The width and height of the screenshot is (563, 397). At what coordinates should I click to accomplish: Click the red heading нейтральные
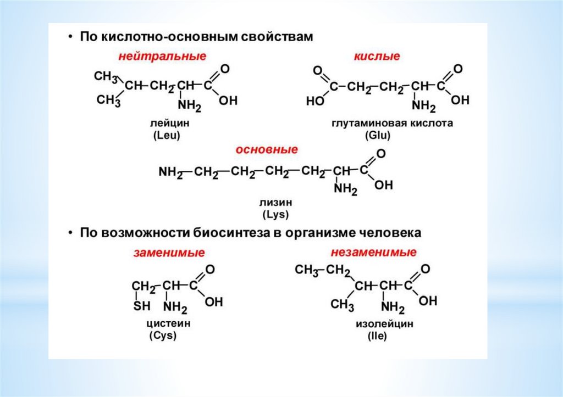[x=162, y=57]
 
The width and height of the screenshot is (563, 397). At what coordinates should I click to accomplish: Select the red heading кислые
[x=377, y=57]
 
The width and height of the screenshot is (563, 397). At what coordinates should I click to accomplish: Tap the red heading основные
[x=267, y=149]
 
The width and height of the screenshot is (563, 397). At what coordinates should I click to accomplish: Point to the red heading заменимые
[x=169, y=253]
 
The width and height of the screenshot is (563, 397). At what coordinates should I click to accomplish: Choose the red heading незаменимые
[x=373, y=252]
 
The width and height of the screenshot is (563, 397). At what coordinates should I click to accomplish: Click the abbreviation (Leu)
[x=166, y=136]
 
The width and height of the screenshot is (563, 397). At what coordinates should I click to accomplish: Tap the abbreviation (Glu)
[x=378, y=136]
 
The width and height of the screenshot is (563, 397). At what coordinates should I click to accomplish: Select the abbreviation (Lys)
[x=276, y=215]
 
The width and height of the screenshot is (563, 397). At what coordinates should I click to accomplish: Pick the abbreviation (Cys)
[x=163, y=336]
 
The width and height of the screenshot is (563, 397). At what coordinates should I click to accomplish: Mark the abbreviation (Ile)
[x=377, y=336]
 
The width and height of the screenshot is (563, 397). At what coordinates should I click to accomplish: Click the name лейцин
[x=169, y=124]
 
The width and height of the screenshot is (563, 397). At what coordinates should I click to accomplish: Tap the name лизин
[x=276, y=202]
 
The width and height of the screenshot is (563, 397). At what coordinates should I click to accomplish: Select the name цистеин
[x=168, y=323]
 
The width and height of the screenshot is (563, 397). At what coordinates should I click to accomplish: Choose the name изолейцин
[x=384, y=324]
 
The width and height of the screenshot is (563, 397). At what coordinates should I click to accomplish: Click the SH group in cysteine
[x=142, y=306]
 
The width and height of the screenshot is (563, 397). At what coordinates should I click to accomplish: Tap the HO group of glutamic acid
[x=315, y=102]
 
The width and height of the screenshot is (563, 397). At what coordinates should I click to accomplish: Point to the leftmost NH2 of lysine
[x=170, y=172]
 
